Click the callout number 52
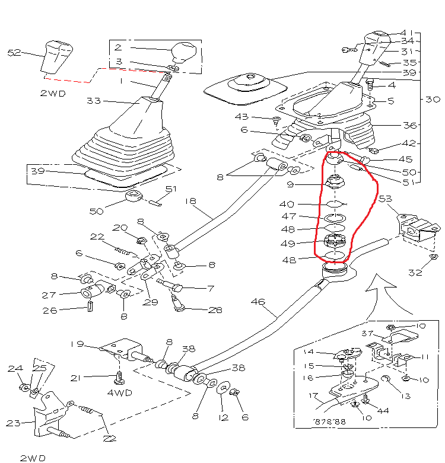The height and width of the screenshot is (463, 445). tap(14, 53)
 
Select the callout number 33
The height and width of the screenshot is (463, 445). tap(94, 101)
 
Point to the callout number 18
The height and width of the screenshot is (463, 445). tap(190, 201)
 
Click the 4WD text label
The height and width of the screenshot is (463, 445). tap(119, 392)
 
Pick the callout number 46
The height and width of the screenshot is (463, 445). tap(258, 302)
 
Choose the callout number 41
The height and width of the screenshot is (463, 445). tap(406, 33)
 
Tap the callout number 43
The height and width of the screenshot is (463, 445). tap(259, 117)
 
